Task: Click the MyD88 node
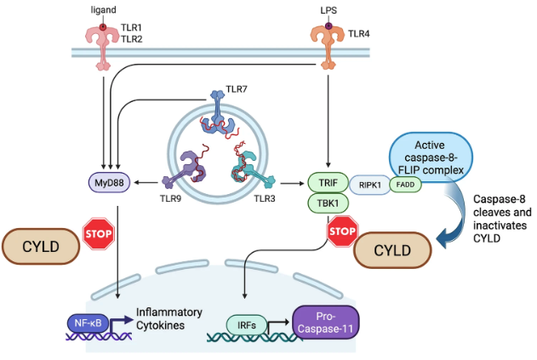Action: coord(109,183)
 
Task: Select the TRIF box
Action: coord(328,183)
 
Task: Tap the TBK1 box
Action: coord(328,203)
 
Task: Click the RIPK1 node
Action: coord(370,185)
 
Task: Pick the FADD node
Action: coord(405,185)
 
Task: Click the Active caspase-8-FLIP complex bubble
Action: coord(431,157)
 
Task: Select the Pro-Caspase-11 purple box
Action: coord(325,323)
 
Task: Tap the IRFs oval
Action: coord(246,325)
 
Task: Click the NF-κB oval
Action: coord(88,323)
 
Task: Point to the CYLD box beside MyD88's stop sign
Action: coord(41,247)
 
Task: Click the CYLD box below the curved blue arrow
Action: coord(392,250)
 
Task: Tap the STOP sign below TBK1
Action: coord(342,231)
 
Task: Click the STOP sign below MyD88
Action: coord(99,233)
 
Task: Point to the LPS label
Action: coord(328,10)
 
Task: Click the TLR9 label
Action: coord(170,198)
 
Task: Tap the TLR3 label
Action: coord(265,198)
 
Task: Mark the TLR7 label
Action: coord(237,89)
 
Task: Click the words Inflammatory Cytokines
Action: coord(169,318)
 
